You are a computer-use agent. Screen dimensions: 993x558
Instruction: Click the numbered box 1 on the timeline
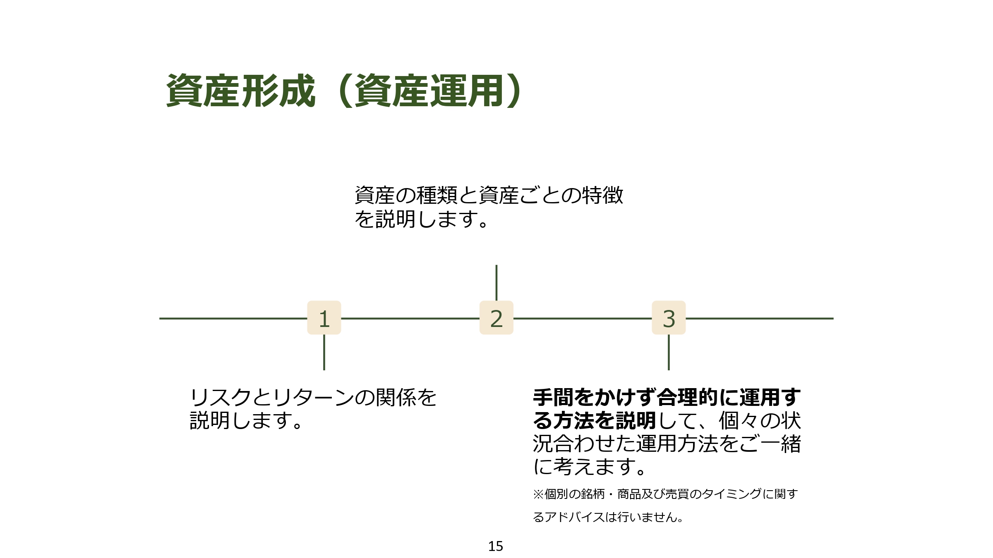(324, 318)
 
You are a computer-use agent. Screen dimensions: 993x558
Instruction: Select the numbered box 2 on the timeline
(496, 318)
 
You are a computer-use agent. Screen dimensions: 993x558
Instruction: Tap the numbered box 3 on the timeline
(669, 318)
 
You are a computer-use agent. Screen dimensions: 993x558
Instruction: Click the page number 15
(496, 546)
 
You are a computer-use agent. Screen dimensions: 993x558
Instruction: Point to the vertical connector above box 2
(496, 283)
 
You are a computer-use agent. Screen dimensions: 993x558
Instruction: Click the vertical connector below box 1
(324, 352)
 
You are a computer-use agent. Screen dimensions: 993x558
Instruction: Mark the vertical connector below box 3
(669, 352)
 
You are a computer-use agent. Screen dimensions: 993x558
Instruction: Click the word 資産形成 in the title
(241, 91)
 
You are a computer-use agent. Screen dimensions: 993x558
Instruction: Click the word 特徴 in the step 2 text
(602, 196)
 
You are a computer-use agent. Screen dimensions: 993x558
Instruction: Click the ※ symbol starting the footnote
(538, 494)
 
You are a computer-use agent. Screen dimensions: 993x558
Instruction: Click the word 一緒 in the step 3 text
(780, 444)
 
